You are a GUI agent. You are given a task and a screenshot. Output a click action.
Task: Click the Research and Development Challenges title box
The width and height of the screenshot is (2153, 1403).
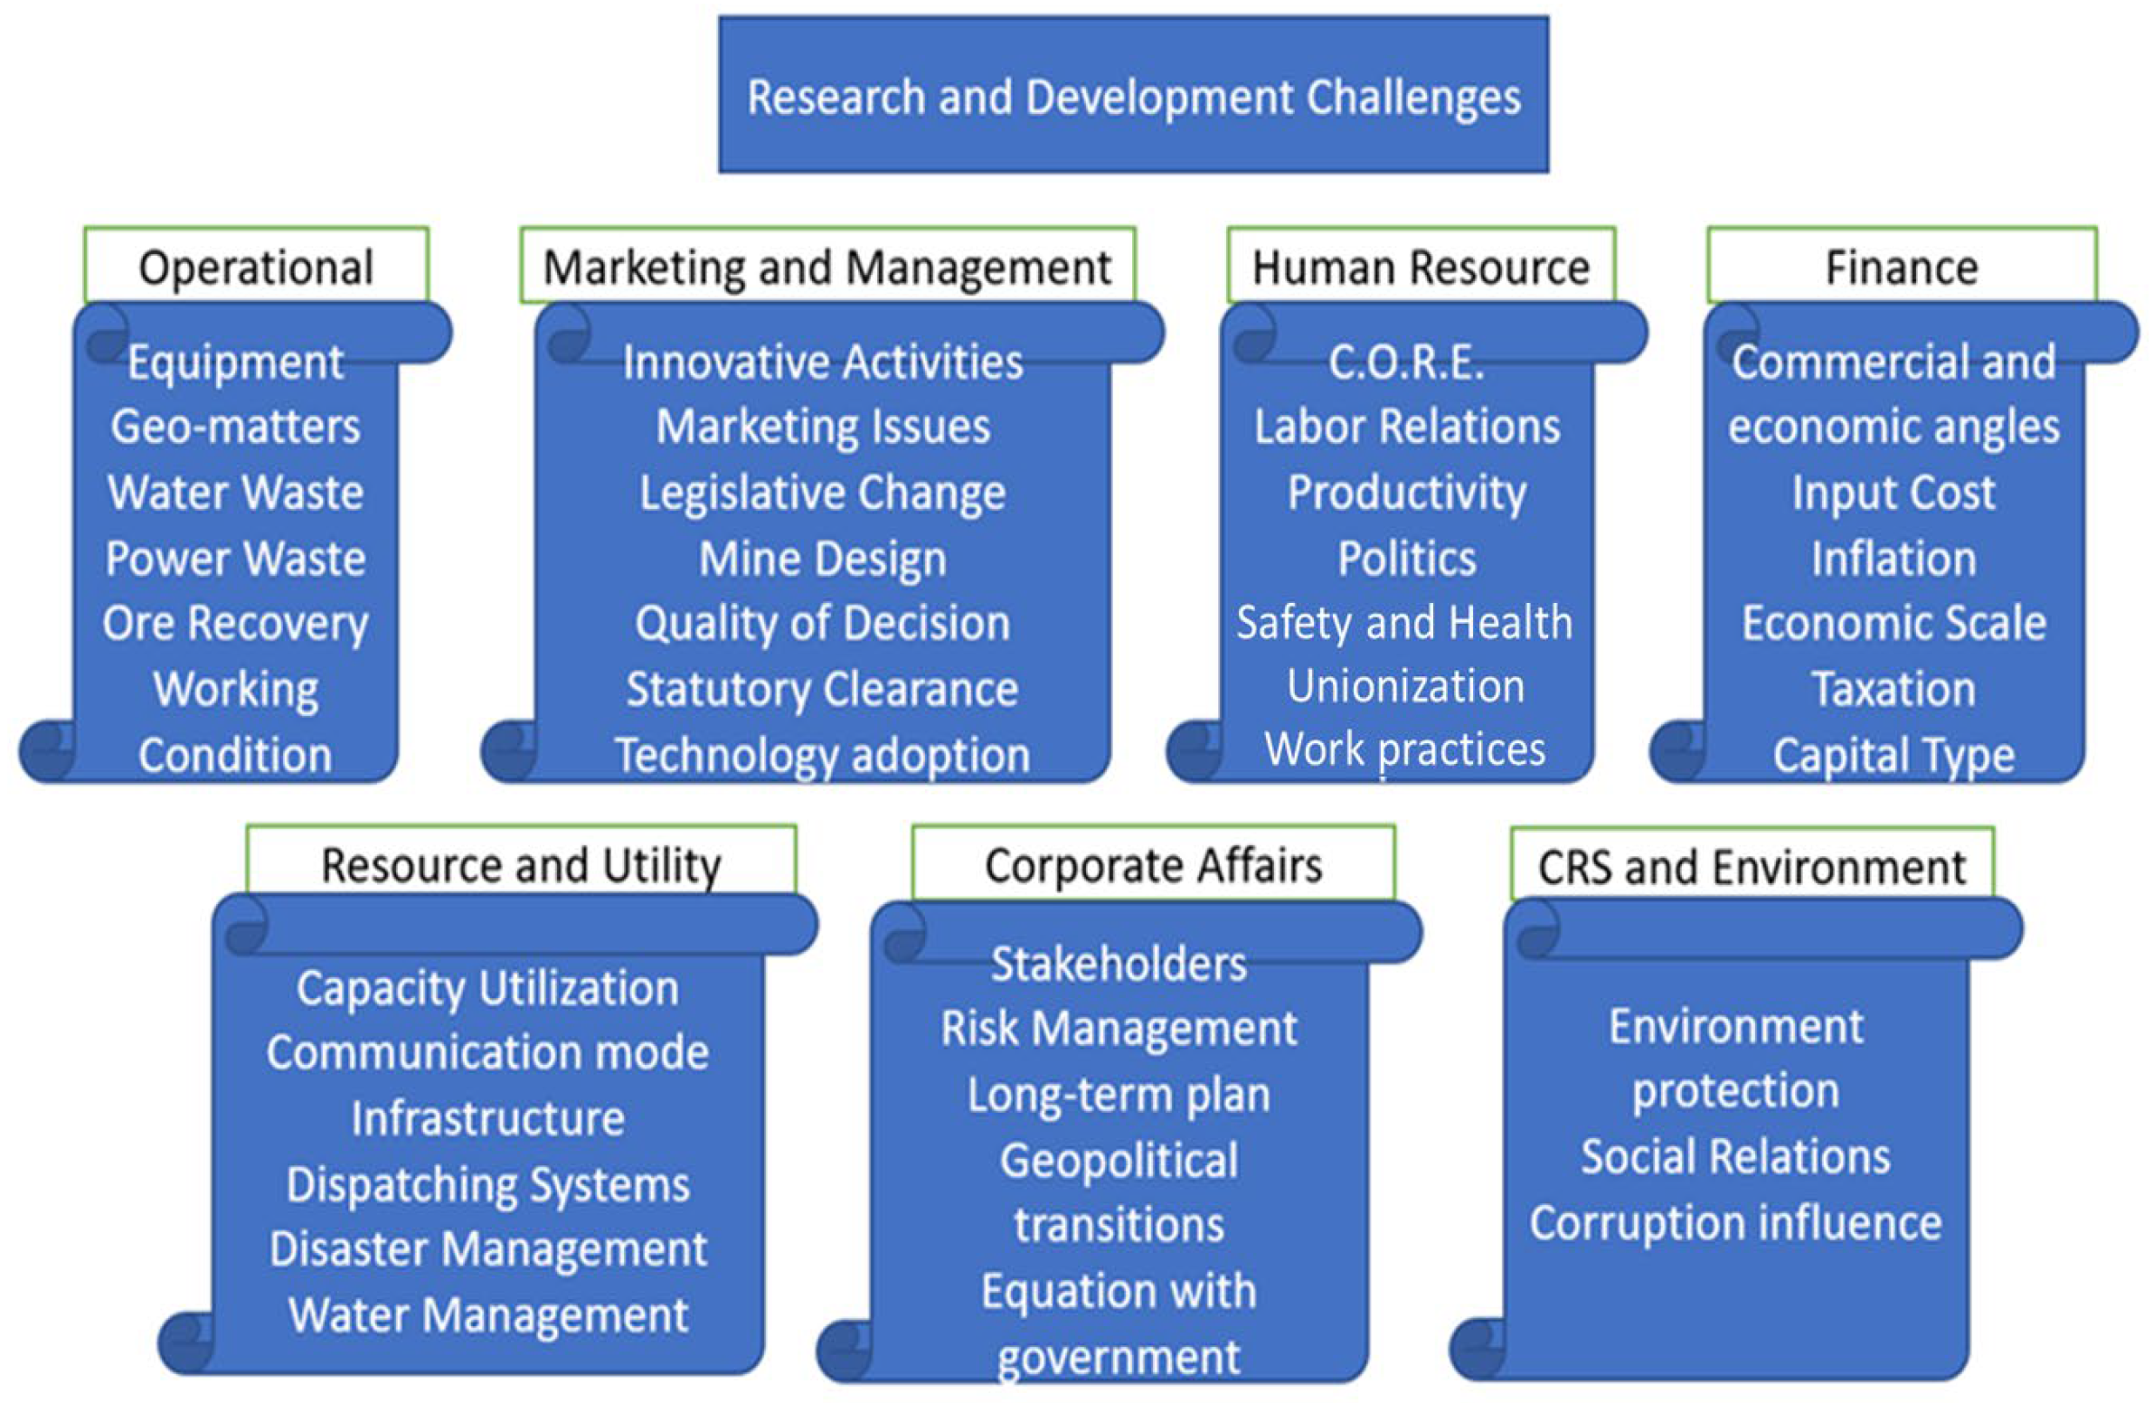point(1133,95)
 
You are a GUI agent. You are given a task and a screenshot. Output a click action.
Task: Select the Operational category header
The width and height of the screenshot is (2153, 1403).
point(256,267)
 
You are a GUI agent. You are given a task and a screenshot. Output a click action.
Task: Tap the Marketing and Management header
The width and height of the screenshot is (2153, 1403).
point(826,267)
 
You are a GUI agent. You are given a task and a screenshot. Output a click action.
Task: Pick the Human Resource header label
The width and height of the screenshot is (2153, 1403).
point(1421,267)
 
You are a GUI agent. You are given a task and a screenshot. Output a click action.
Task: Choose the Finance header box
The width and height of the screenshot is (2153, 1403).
point(1902,267)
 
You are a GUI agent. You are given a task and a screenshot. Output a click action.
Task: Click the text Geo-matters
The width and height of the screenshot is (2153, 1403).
point(235,426)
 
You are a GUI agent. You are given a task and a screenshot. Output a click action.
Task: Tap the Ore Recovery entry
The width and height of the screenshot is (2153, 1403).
point(235,623)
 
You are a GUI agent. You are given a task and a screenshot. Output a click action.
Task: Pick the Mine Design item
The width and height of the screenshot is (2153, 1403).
point(822,558)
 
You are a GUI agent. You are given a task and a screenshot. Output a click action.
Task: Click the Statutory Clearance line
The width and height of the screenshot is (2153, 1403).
point(822,689)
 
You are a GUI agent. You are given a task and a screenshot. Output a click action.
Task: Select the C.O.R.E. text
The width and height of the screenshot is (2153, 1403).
point(1406,362)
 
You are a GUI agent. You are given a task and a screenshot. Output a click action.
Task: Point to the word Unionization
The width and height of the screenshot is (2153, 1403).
point(1406,685)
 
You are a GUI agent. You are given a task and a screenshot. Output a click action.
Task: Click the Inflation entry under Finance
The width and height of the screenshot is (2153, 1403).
point(1893,558)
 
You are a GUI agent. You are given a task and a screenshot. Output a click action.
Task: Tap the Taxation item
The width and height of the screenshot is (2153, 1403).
point(1893,689)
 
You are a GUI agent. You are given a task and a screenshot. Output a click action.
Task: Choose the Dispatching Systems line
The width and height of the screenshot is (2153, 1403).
point(487,1184)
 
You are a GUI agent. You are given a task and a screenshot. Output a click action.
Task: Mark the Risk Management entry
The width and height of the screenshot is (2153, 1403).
point(1119,1029)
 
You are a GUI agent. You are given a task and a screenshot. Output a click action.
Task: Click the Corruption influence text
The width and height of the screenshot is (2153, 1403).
point(1735,1222)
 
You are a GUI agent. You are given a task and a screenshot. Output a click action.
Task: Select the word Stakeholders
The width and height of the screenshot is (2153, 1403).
point(1119,964)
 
